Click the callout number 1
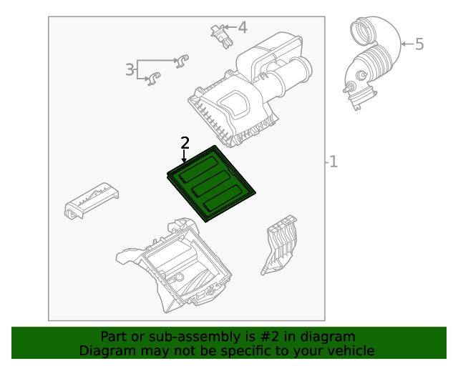point(333,162)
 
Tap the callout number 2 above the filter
point(185,143)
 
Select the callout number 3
point(130,69)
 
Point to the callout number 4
point(243,28)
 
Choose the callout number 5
point(419,44)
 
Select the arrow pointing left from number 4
point(232,28)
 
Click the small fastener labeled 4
point(220,34)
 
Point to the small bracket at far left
point(90,201)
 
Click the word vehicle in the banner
point(350,350)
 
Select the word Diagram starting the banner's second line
point(106,350)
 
